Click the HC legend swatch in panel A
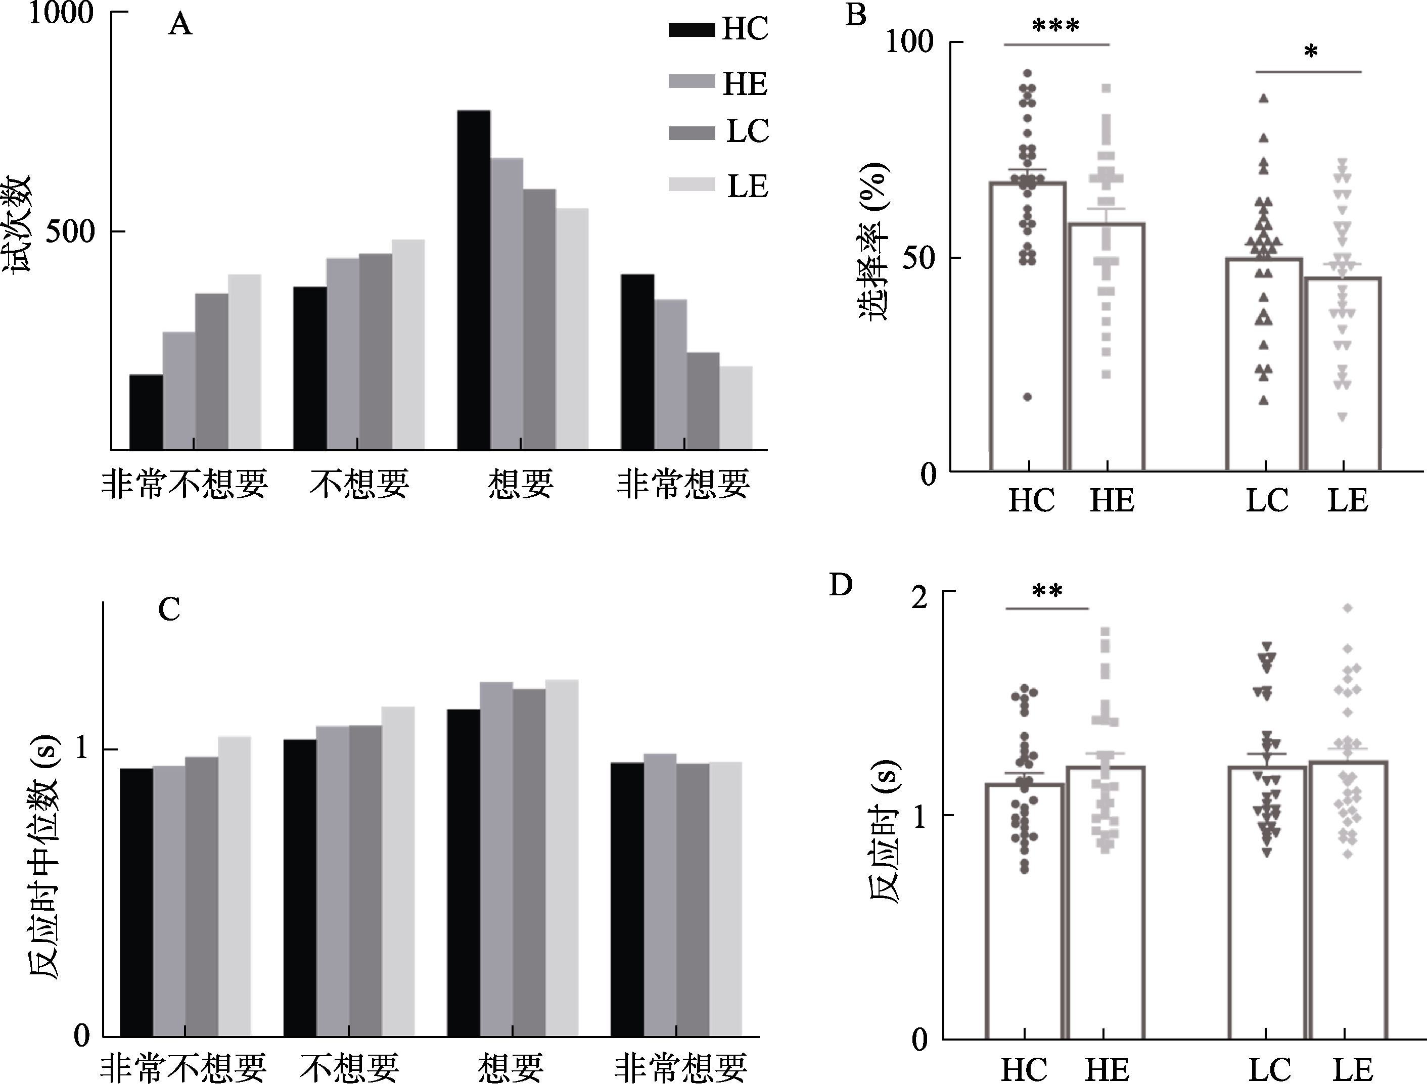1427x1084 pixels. [x=691, y=30]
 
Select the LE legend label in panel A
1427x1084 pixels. [x=748, y=186]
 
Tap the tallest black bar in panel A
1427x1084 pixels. [x=473, y=280]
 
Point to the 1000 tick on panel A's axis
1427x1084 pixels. [x=61, y=13]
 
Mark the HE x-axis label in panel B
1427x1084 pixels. [x=1112, y=501]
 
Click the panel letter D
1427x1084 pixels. [x=840, y=585]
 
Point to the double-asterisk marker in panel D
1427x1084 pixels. [x=1047, y=591]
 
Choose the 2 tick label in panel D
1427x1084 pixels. [x=919, y=597]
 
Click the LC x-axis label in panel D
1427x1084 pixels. [x=1269, y=1069]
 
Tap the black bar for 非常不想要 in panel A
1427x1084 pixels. [x=146, y=412]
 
